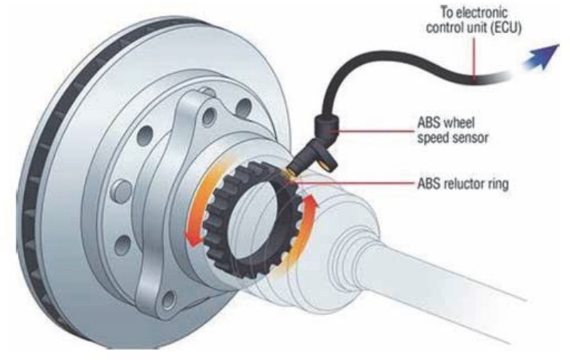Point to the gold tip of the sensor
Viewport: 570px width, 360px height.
[290, 170]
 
